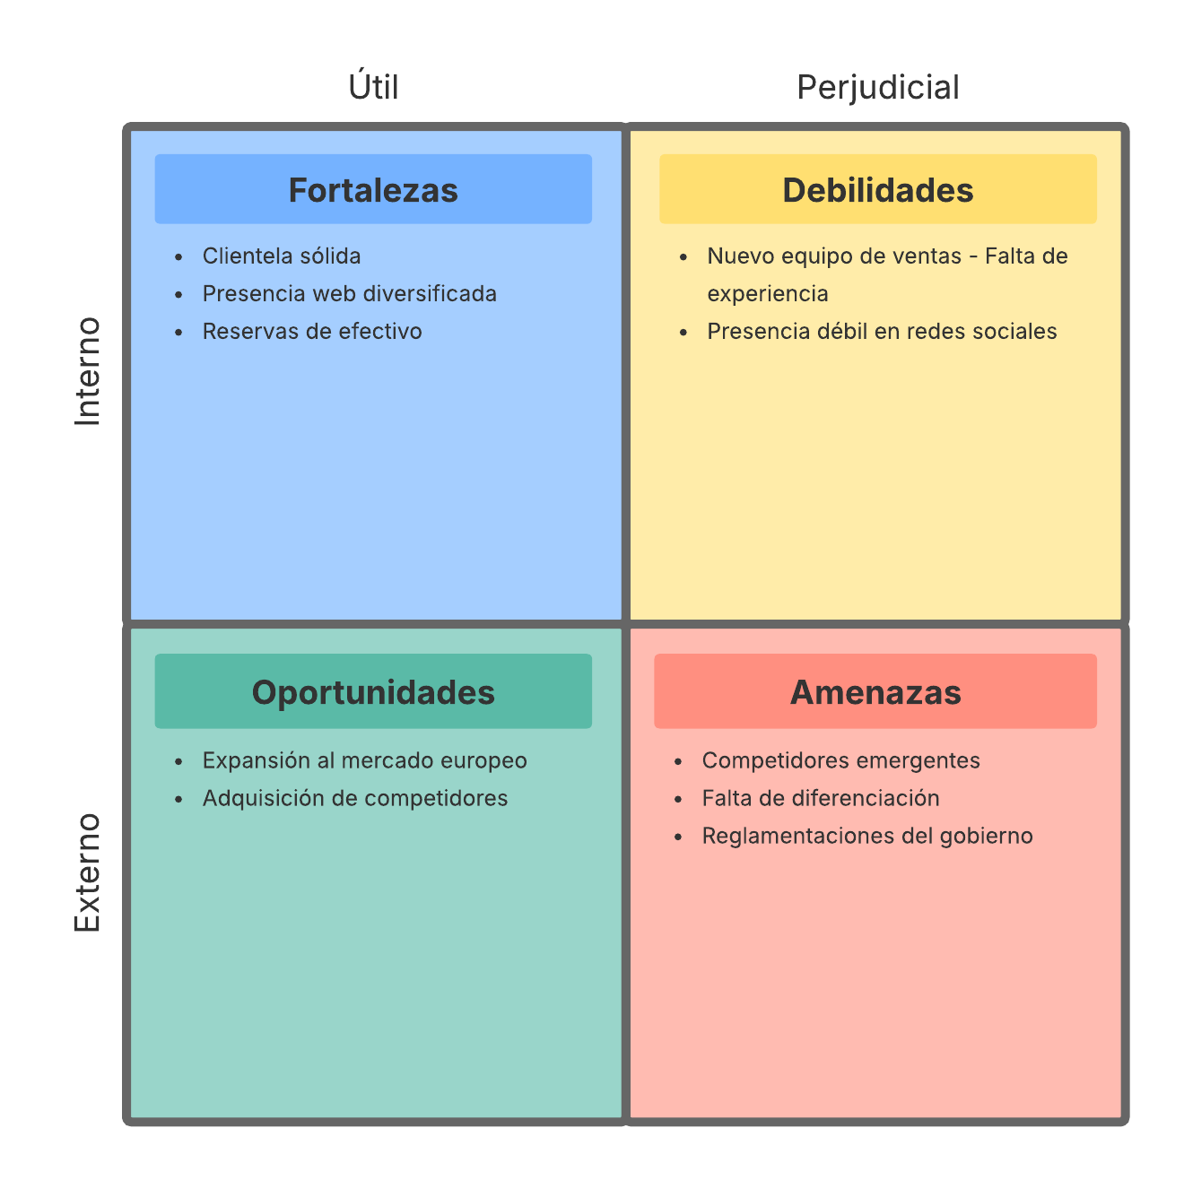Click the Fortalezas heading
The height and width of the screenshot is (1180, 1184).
[373, 190]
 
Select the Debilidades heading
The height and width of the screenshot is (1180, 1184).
[877, 190]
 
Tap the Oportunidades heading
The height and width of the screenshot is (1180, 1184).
[373, 692]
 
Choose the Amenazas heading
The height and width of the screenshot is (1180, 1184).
[875, 692]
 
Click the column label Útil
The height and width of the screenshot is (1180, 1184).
[373, 87]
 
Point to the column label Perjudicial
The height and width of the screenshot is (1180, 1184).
[878, 87]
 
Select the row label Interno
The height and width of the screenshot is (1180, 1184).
[88, 371]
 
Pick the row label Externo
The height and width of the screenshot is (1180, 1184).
[88, 872]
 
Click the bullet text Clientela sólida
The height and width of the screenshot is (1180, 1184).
[282, 256]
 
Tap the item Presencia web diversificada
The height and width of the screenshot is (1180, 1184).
[350, 294]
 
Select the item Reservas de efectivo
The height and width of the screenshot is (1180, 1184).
[312, 332]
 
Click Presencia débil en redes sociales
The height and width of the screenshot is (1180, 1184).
[882, 332]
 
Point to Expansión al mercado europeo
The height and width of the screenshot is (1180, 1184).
[364, 761]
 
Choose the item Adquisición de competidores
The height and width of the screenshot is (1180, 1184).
[355, 799]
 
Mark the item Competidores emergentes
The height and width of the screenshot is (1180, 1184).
[840, 761]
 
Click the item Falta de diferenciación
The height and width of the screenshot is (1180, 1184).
[821, 799]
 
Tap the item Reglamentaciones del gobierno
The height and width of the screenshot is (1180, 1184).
[867, 837]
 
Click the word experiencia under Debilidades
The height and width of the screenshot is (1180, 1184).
[768, 294]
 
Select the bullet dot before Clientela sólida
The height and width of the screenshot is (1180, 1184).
[179, 257]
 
